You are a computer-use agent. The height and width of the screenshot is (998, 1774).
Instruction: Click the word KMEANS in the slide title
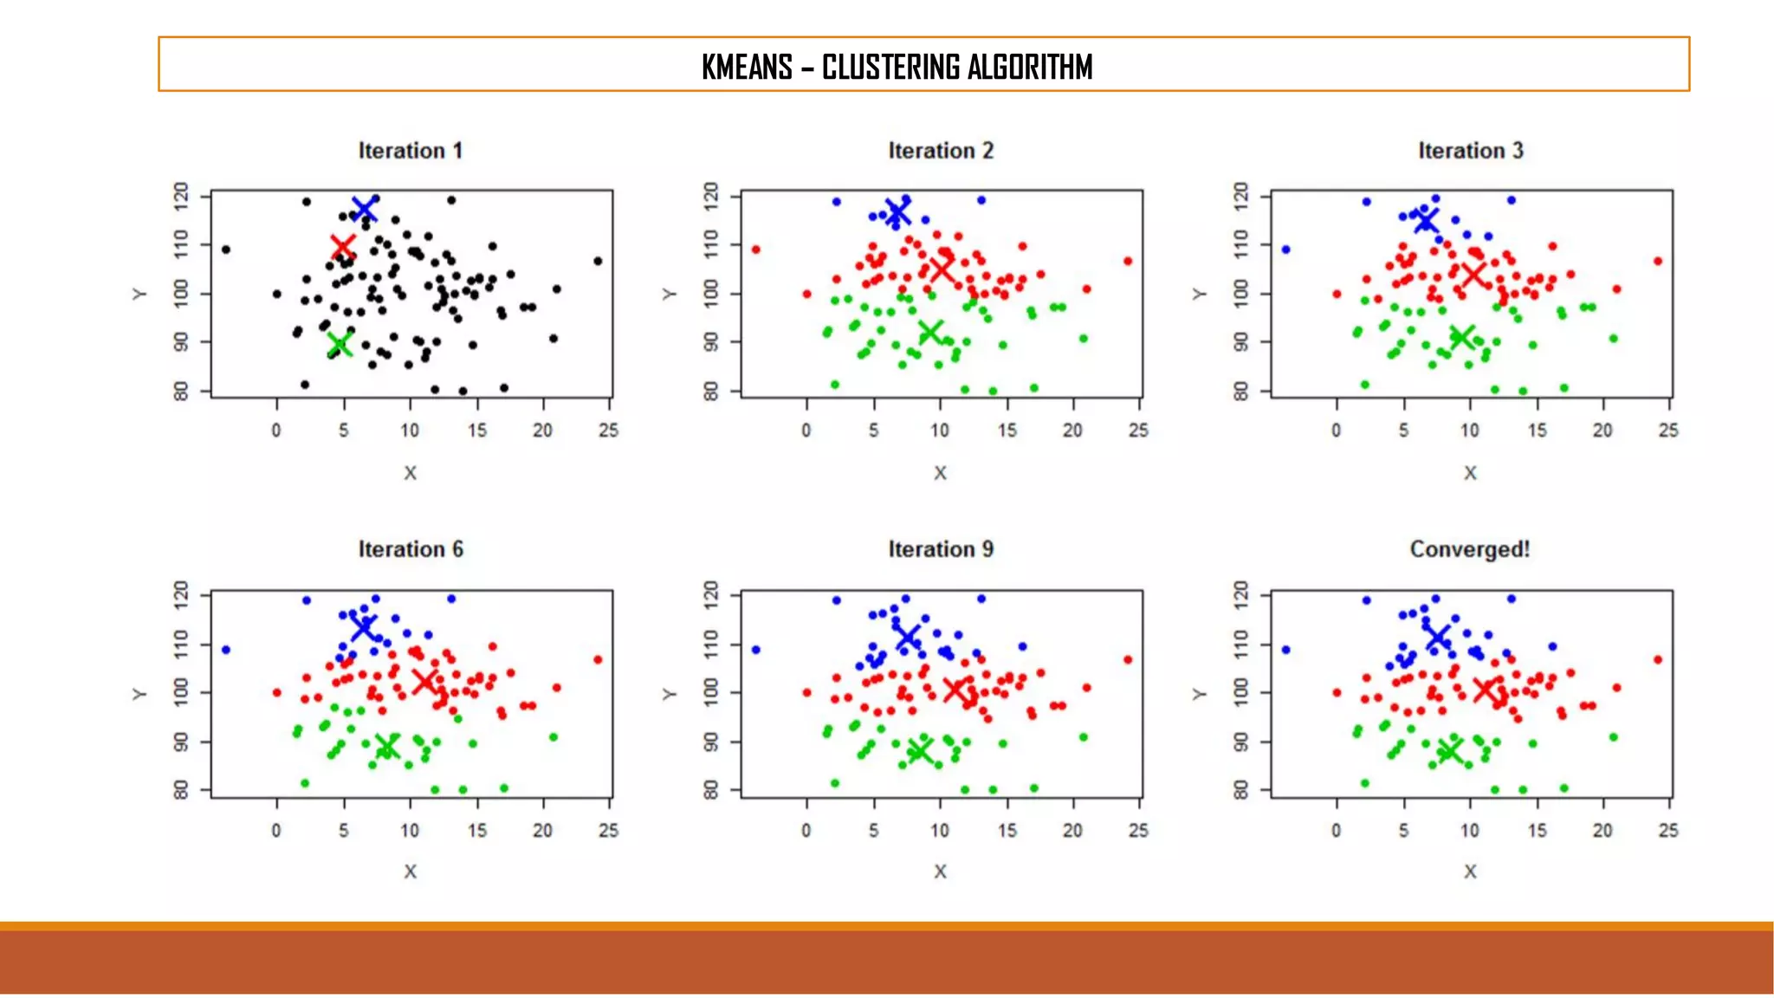click(747, 67)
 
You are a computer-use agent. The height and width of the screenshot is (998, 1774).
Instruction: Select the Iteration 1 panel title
click(411, 151)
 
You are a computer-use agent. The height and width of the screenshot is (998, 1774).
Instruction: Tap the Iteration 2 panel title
click(941, 151)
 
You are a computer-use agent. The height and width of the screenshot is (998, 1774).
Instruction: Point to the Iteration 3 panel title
click(1470, 151)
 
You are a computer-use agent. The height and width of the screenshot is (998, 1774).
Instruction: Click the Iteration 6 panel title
click(411, 549)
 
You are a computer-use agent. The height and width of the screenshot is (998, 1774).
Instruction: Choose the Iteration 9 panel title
click(941, 549)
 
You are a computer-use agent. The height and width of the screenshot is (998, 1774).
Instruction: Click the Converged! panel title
click(1470, 549)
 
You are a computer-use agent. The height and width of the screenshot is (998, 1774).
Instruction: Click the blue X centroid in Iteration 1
click(365, 209)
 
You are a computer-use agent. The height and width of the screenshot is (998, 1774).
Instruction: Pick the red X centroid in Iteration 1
click(343, 247)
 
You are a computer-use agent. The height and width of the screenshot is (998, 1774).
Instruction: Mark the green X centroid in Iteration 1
click(340, 345)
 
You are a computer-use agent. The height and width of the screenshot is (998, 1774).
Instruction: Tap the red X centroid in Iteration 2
click(942, 269)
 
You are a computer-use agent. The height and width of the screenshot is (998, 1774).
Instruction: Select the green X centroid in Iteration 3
click(1462, 337)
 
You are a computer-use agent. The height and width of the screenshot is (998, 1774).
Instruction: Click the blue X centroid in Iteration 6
click(364, 625)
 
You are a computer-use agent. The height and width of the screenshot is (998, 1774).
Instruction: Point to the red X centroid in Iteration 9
click(955, 690)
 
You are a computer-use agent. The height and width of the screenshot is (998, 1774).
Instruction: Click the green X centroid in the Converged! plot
click(1449, 751)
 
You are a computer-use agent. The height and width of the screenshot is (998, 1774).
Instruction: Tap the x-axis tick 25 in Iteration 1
click(609, 431)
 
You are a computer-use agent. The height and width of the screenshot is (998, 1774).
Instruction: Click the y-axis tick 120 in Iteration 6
click(181, 594)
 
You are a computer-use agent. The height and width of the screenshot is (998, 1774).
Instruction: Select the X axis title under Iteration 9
click(941, 872)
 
